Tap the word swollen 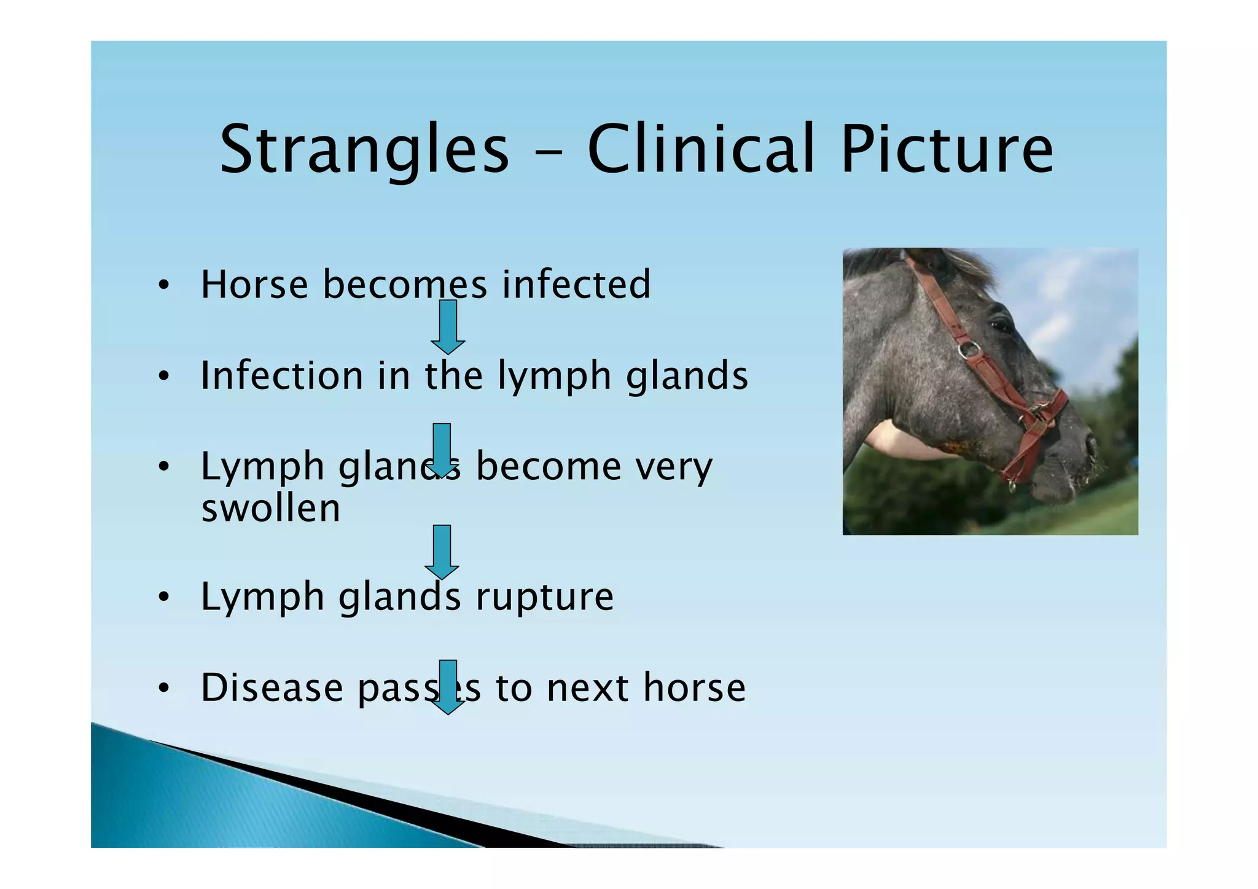click(271, 508)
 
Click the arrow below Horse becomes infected click(448, 327)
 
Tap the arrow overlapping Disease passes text click(448, 687)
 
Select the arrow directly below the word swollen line click(442, 552)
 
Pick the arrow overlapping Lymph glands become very click(442, 450)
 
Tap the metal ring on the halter click(969, 350)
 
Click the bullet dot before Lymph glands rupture click(163, 597)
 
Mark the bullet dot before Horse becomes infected click(163, 285)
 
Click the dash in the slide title click(549, 151)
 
